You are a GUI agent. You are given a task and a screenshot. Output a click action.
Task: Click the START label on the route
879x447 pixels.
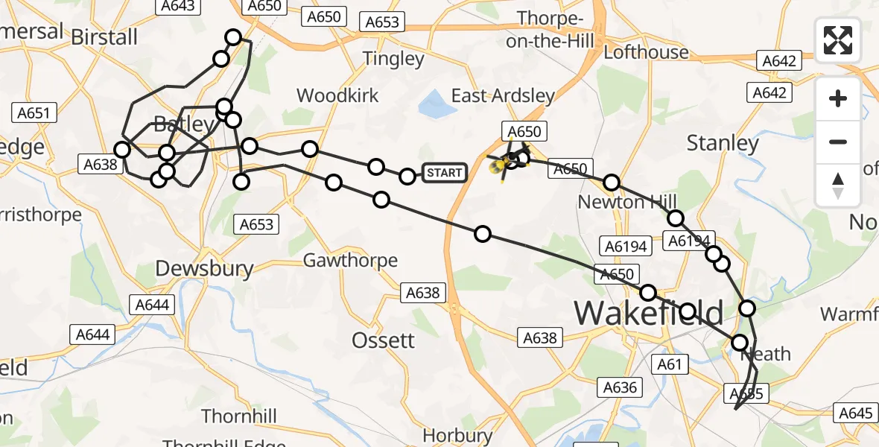444,174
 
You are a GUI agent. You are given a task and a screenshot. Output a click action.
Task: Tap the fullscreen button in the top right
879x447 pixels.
838,40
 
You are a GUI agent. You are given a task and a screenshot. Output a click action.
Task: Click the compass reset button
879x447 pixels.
838,186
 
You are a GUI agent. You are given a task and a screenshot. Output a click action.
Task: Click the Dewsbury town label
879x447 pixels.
204,268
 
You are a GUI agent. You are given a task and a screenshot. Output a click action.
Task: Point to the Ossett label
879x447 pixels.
383,340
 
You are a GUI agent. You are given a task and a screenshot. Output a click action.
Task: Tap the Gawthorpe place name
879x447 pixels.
350,261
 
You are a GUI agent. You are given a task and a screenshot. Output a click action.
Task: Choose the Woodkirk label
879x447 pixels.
337,95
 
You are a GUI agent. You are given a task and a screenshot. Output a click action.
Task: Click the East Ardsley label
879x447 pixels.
504,95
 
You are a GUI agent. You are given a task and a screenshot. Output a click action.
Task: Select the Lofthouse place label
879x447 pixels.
646,52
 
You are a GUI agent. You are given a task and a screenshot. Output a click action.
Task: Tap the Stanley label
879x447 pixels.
722,142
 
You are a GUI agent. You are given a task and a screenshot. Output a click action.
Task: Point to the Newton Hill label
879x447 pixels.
627,202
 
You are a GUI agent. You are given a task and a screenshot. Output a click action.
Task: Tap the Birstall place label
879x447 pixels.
104,37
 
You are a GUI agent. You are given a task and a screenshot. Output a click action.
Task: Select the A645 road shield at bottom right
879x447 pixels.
855,413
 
